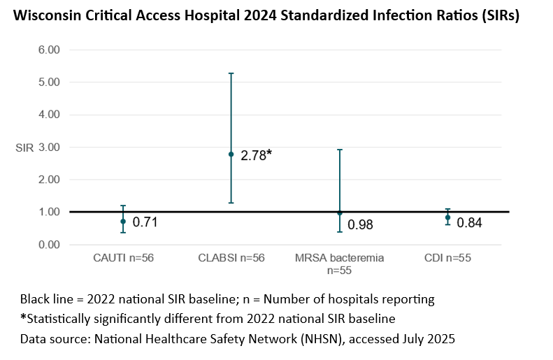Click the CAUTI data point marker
pyautogui.click(x=123, y=221)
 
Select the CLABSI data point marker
pyautogui.click(x=231, y=154)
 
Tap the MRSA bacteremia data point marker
pyautogui.click(x=340, y=213)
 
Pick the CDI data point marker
pyautogui.click(x=447, y=217)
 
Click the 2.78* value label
pyautogui.click(x=256, y=155)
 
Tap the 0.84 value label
pyautogui.click(x=469, y=223)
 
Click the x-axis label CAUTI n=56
pyautogui.click(x=123, y=258)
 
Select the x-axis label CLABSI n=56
pyautogui.click(x=231, y=258)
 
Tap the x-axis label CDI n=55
pyautogui.click(x=447, y=258)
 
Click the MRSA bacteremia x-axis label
pyautogui.click(x=340, y=258)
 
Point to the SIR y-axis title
pyautogui.click(x=24, y=147)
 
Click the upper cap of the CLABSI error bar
pyautogui.click(x=231, y=73)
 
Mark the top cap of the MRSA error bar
pyautogui.click(x=340, y=150)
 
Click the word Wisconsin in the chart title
pyautogui.click(x=47, y=17)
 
